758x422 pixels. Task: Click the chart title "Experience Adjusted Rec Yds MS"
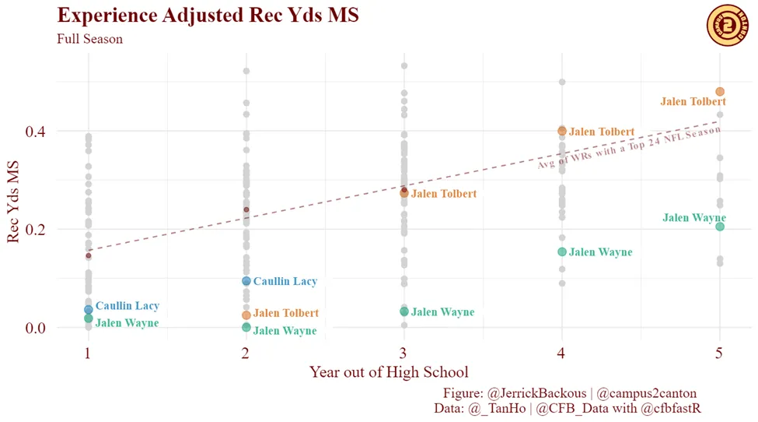[208, 16]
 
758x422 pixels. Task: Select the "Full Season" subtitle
[89, 39]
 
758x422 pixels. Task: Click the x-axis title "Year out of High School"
[389, 372]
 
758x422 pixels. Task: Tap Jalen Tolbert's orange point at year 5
[720, 92]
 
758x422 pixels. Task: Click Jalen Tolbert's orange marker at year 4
[562, 131]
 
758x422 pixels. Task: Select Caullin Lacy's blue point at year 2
[246, 281]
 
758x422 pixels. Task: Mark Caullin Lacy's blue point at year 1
[89, 309]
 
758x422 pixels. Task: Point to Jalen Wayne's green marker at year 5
[720, 227]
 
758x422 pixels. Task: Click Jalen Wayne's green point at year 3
[404, 311]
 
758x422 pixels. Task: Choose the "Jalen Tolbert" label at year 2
[285, 313]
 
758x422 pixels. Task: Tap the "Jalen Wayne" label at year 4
[600, 252]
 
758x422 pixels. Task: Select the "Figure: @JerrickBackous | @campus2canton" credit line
[570, 393]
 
